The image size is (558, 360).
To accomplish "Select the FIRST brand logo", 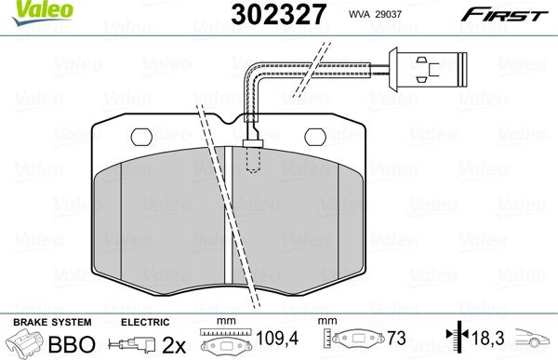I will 511,12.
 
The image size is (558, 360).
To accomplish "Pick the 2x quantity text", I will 173,343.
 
